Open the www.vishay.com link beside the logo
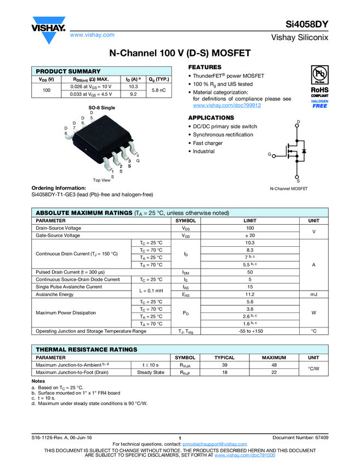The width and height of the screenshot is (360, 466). tap(92, 35)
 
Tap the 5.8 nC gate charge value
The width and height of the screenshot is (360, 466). tap(159, 89)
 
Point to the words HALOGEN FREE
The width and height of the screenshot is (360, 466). tap(319, 104)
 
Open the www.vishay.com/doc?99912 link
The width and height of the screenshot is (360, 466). tap(226, 105)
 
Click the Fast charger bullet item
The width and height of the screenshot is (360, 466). tap(208, 143)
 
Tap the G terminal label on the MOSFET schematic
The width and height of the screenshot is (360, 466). tap(270, 155)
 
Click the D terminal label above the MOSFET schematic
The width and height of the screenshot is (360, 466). tap(298, 121)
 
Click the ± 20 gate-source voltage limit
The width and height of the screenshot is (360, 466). tap(249, 235)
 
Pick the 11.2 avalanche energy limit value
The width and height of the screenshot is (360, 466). tap(249, 294)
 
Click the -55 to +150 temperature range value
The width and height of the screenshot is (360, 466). tap(249, 331)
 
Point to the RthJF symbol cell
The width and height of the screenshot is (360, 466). tap(185, 372)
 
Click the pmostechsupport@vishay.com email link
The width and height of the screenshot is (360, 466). tap(215, 444)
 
